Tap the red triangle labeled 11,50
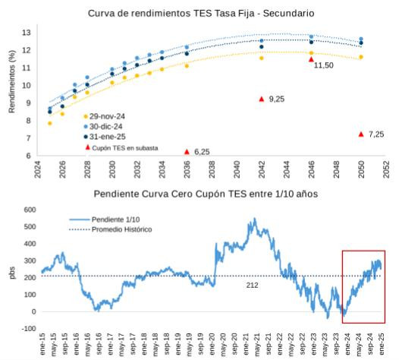click(311, 59)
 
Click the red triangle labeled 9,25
click(262, 99)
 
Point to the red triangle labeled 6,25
click(187, 151)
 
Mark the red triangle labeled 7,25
click(361, 134)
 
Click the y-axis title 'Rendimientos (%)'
click(13, 87)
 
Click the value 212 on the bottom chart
click(253, 285)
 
